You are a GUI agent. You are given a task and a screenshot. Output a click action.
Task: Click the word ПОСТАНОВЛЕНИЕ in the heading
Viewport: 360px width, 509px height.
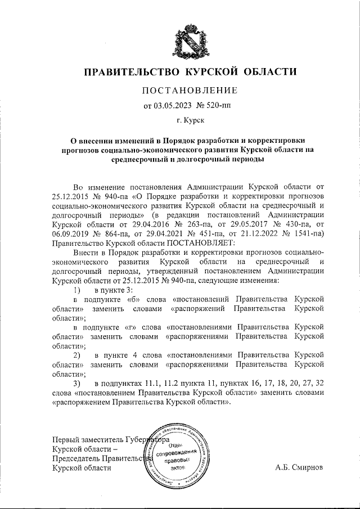pyautogui.click(x=189, y=91)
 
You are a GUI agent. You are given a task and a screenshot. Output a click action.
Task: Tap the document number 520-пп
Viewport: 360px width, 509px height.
pyautogui.click(x=211, y=105)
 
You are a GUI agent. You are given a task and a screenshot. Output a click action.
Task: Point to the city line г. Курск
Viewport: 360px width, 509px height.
pyautogui.click(x=189, y=120)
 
